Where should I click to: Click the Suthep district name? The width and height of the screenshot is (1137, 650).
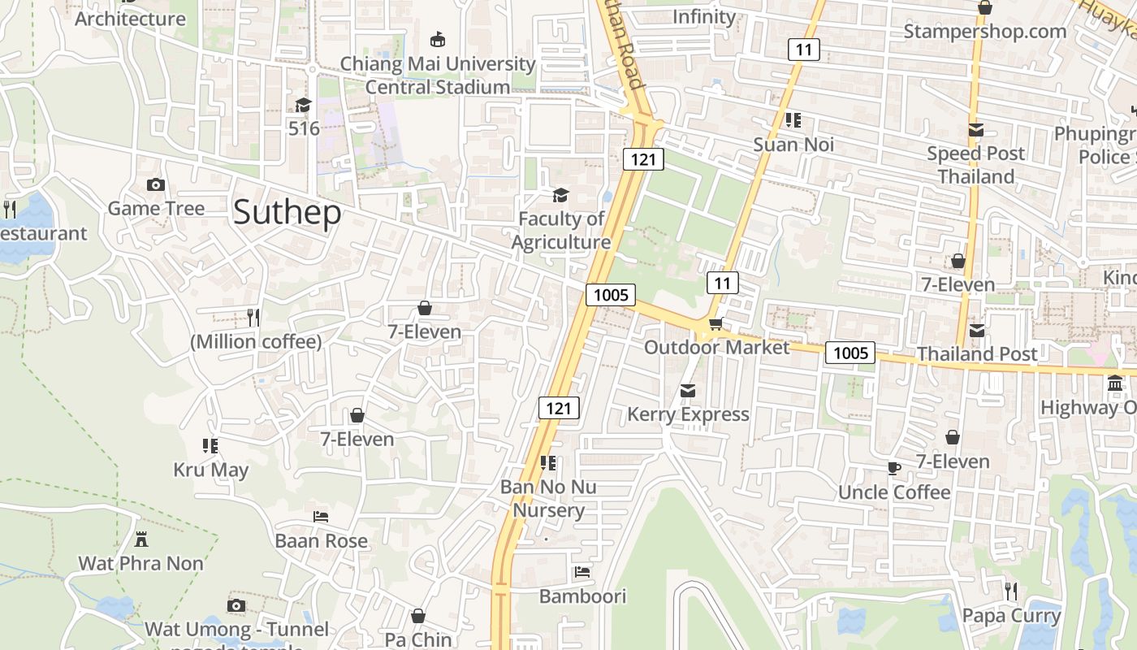click(x=287, y=213)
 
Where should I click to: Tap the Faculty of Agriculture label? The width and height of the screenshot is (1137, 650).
click(x=561, y=231)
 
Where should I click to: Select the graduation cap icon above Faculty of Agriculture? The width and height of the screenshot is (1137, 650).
click(x=560, y=195)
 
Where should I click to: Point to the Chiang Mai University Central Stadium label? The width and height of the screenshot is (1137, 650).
click(x=438, y=75)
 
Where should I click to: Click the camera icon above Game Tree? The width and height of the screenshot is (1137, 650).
click(x=156, y=185)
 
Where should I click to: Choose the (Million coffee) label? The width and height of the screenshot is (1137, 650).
click(x=256, y=342)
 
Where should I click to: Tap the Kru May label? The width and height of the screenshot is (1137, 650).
click(x=211, y=470)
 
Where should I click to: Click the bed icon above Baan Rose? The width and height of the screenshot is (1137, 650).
click(x=321, y=517)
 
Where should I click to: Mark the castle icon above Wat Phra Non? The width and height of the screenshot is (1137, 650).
click(x=141, y=539)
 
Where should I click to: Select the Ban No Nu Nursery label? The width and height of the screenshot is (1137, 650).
click(x=548, y=498)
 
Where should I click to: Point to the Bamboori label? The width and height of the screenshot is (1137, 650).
click(x=582, y=596)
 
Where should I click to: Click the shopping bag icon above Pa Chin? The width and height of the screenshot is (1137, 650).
click(x=418, y=616)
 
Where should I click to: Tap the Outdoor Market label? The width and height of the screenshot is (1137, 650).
click(x=716, y=348)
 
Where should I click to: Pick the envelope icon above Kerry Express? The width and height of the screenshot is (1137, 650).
click(x=688, y=391)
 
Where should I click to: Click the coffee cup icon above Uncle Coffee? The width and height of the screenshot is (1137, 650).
click(x=893, y=468)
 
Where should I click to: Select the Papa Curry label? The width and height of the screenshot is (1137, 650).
click(x=1011, y=616)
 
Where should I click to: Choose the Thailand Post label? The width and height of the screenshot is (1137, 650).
click(x=977, y=353)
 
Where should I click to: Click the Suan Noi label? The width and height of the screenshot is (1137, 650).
click(x=793, y=145)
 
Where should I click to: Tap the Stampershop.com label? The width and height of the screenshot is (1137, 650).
click(x=985, y=32)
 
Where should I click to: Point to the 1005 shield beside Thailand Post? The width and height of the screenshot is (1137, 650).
click(x=850, y=353)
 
